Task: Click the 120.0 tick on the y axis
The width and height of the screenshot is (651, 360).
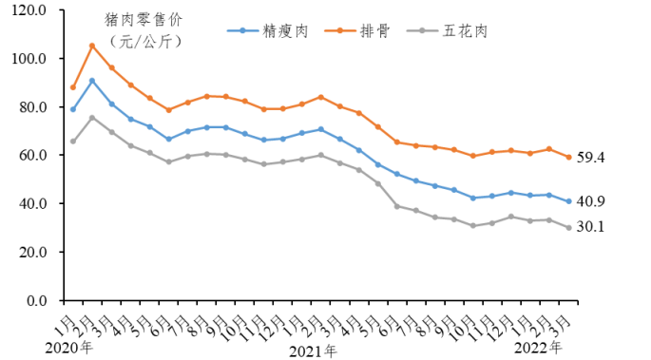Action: point(31,10)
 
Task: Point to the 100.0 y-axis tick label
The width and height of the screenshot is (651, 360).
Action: point(31,59)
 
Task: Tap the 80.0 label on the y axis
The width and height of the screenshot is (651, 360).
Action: point(33,107)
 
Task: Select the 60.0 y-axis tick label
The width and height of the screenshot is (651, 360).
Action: point(33,156)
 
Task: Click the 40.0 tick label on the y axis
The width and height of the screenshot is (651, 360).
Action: point(33,204)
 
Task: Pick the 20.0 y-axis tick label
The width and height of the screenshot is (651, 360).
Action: point(33,253)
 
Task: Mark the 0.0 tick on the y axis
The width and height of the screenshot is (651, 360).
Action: point(37,301)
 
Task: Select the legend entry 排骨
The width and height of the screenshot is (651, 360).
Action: point(375,31)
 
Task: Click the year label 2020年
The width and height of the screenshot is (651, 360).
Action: point(69,347)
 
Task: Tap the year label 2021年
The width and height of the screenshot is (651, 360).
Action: point(313,351)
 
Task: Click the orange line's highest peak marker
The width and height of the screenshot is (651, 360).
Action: point(92,46)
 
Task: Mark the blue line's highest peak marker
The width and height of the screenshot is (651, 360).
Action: point(92,81)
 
